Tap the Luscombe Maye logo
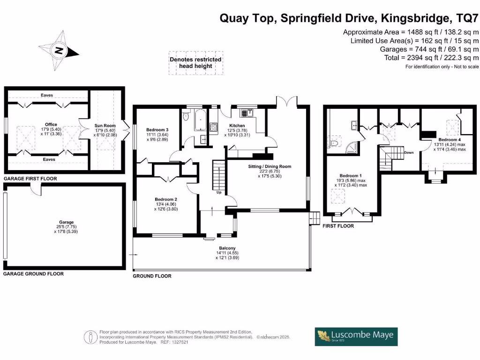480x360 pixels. (x=356, y=336)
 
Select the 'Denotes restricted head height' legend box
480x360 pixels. (x=195, y=63)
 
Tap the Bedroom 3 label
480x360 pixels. (x=157, y=130)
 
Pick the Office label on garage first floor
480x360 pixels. (x=51, y=125)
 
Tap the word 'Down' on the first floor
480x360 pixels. (x=408, y=152)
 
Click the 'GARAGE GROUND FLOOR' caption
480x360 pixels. (x=33, y=273)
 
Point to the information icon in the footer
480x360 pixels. (x=88, y=337)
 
